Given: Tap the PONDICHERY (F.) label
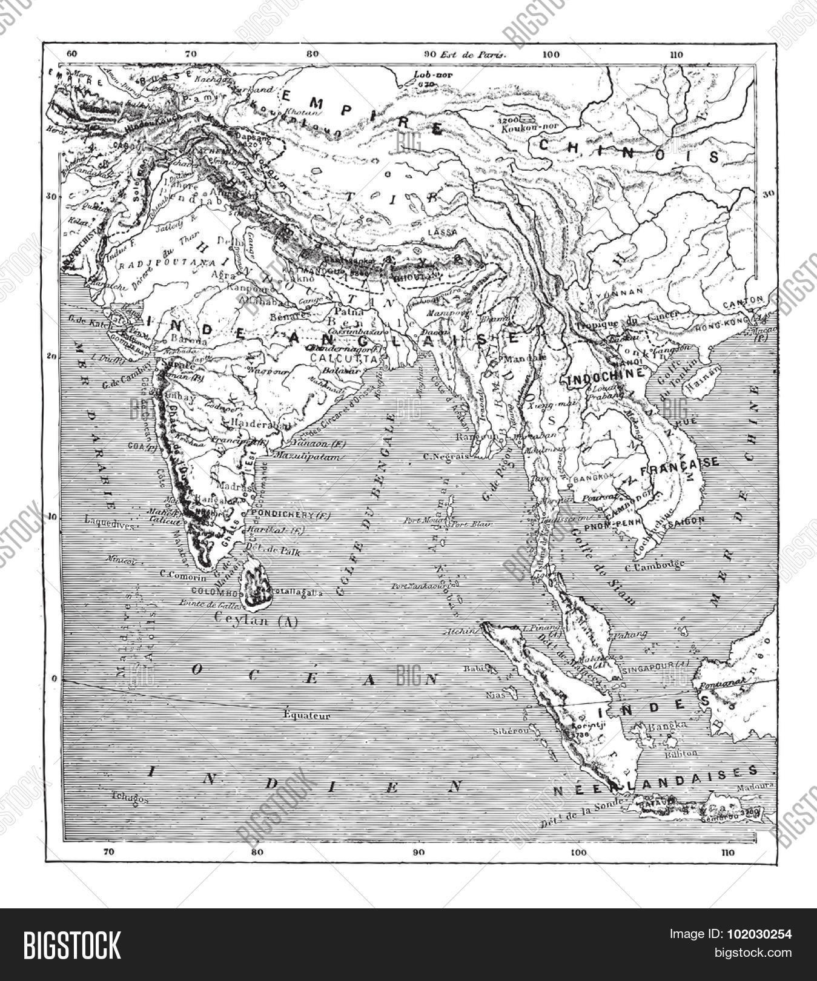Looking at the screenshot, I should [280, 515].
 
